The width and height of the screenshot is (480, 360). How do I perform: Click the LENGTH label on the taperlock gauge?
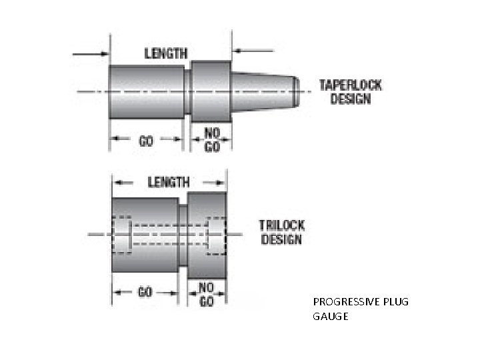pos(166,53)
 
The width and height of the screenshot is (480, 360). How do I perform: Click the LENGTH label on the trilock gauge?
pos(168,181)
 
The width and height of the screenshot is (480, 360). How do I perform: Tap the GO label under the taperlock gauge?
pos(146,141)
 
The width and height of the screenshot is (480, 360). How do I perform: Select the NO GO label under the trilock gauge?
pos(207,295)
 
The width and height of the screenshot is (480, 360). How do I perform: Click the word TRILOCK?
pos(281,225)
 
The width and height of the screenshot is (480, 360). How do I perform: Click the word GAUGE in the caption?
pos(330,316)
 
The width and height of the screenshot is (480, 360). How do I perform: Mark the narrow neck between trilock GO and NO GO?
pos(183,233)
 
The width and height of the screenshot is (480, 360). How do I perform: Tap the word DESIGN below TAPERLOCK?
pos(351,99)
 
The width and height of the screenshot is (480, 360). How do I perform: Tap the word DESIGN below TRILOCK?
pos(281,239)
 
